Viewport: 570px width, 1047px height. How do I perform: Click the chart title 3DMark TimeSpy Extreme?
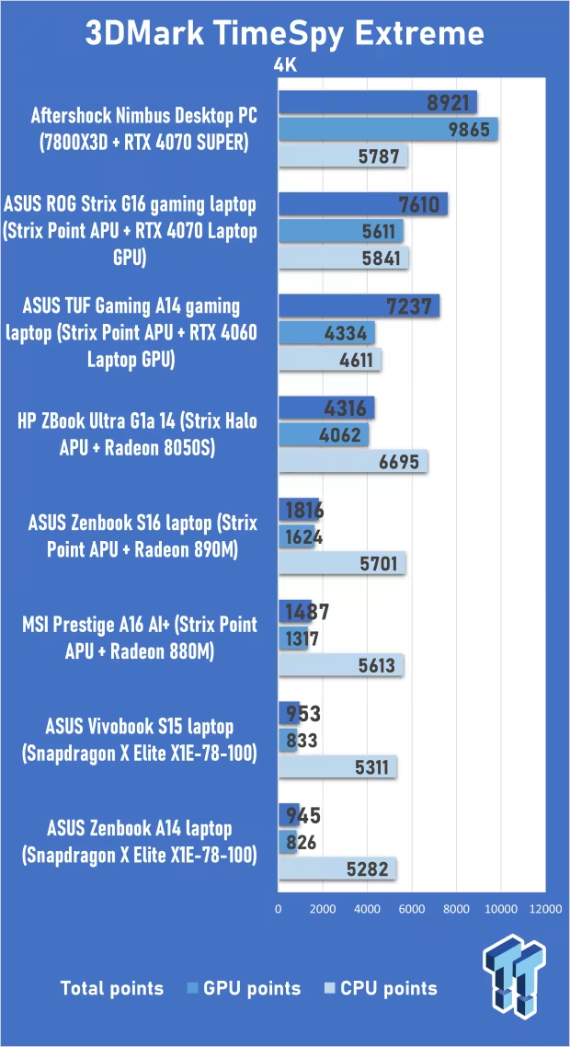(285, 34)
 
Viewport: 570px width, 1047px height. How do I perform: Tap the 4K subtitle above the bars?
(285, 66)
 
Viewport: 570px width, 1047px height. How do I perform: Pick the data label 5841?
(381, 259)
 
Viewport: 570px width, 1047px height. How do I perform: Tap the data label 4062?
(340, 435)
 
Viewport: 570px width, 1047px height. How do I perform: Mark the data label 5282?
(371, 868)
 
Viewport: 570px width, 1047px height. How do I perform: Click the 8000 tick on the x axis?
(456, 909)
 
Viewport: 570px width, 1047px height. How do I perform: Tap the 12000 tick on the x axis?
(544, 909)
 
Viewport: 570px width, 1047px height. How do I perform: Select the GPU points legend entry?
(244, 988)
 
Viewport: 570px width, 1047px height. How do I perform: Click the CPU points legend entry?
(381, 988)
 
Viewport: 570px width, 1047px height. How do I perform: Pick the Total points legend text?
(111, 988)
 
